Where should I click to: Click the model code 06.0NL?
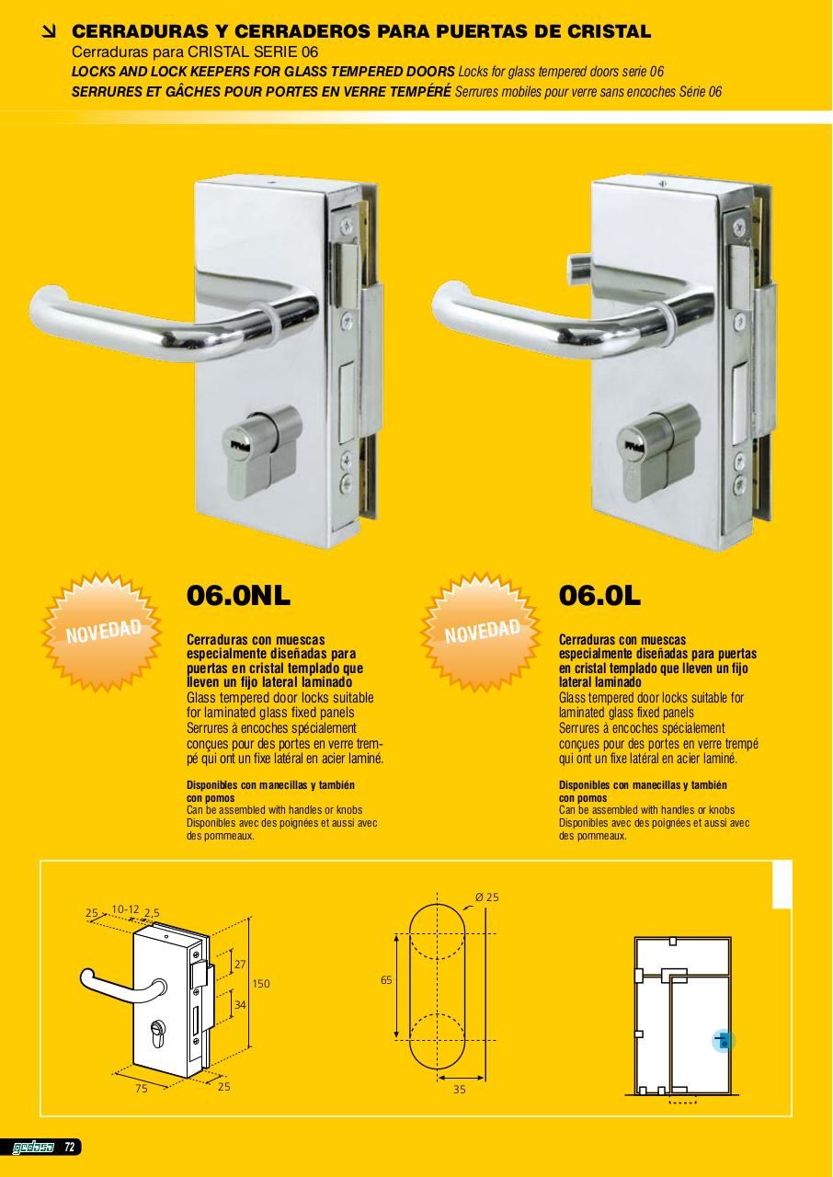click(x=238, y=595)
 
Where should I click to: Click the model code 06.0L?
click(x=599, y=595)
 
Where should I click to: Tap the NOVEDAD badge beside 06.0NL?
click(x=102, y=632)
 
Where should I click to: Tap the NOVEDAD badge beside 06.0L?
click(x=481, y=632)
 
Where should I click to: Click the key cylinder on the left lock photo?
click(x=261, y=451)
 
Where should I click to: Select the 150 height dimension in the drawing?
click(x=261, y=984)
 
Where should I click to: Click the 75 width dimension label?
click(x=142, y=1088)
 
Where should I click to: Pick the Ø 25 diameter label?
click(x=487, y=897)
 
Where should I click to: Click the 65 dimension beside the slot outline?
click(x=386, y=980)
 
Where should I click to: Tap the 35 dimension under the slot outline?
click(x=460, y=1090)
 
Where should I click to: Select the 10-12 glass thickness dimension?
click(x=126, y=909)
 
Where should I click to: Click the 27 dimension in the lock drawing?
click(x=240, y=965)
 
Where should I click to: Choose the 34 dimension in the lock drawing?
click(x=240, y=1005)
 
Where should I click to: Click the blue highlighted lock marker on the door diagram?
click(x=724, y=1040)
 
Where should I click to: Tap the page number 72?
click(x=69, y=1147)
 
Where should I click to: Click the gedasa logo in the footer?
click(x=33, y=1147)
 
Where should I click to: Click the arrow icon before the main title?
click(x=49, y=32)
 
